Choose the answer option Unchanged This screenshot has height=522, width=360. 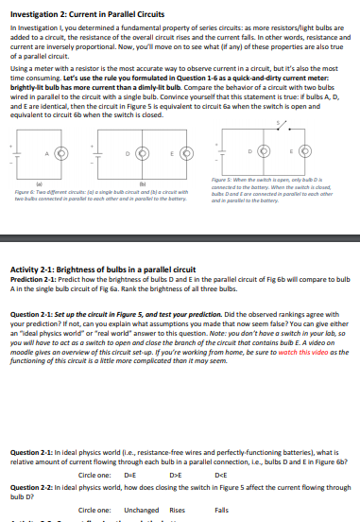(142, 509)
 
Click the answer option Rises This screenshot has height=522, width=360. (177, 509)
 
